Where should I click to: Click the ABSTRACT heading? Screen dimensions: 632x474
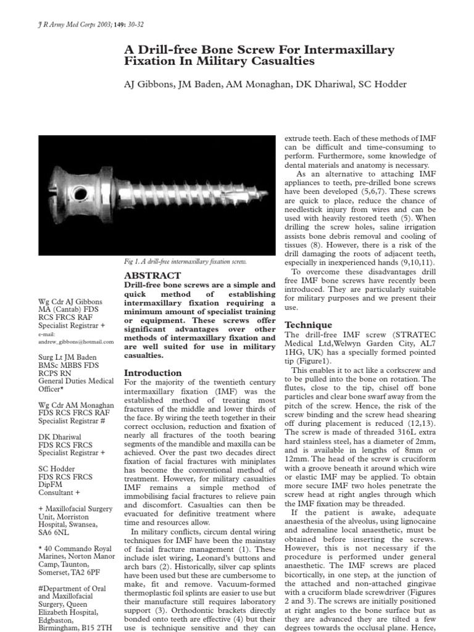coord(152,275)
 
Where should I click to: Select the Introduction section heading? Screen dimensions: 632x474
coord(153,373)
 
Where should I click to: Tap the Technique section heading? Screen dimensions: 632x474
coord(308,325)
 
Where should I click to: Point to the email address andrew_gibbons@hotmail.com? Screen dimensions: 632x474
coord(76,341)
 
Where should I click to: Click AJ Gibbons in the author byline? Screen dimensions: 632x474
coord(143,85)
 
